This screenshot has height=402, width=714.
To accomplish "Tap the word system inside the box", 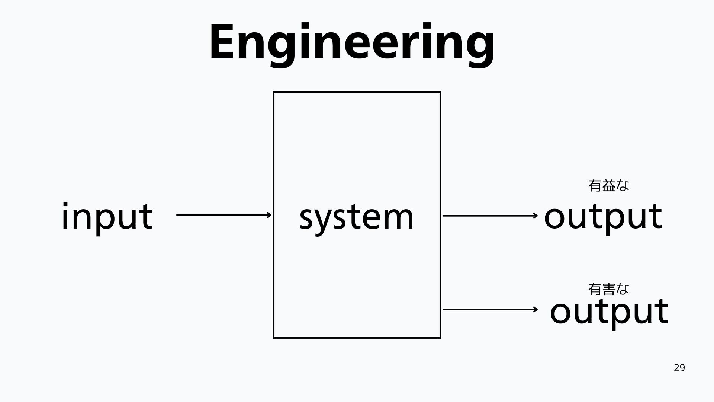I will pyautogui.click(x=356, y=217).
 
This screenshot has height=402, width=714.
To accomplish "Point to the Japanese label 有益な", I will pyautogui.click(x=608, y=185).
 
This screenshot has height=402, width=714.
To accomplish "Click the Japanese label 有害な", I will pyautogui.click(x=608, y=289).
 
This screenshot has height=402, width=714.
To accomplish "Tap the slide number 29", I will pyautogui.click(x=679, y=368).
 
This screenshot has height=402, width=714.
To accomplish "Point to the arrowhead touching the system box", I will pyautogui.click(x=270, y=215).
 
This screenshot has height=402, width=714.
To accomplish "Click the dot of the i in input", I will pyautogui.click(x=65, y=206).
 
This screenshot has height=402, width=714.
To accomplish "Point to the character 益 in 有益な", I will pyautogui.click(x=608, y=185).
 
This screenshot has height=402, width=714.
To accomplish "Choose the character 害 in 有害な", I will pyautogui.click(x=608, y=289).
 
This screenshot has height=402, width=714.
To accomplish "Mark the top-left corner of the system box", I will pyautogui.click(x=274, y=92).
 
